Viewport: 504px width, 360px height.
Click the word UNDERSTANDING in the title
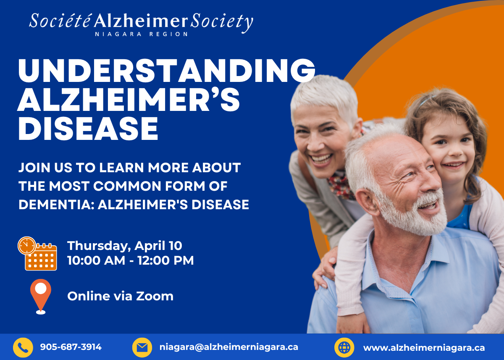[x=166, y=71]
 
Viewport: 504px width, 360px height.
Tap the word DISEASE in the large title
[x=88, y=129]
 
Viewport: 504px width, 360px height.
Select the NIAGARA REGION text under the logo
[x=141, y=34]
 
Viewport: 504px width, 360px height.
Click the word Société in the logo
[x=60, y=21]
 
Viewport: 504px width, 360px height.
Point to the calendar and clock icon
[x=37, y=253]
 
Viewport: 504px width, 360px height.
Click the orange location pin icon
[x=41, y=296]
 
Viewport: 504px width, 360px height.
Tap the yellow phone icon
[x=23, y=348]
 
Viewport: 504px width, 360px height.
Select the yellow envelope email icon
[x=142, y=348]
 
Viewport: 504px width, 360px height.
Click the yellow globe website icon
[x=344, y=348]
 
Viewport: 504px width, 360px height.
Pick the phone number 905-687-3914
[x=71, y=347]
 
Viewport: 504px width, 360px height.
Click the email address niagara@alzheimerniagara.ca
[x=229, y=347]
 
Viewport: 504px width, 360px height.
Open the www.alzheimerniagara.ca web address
[x=424, y=348]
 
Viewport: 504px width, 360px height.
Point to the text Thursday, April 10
[x=125, y=246]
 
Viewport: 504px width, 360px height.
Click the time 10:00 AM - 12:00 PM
[x=131, y=260]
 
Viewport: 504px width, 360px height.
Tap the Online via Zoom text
[x=121, y=296]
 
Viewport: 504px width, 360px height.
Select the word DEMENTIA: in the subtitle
[x=56, y=205]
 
